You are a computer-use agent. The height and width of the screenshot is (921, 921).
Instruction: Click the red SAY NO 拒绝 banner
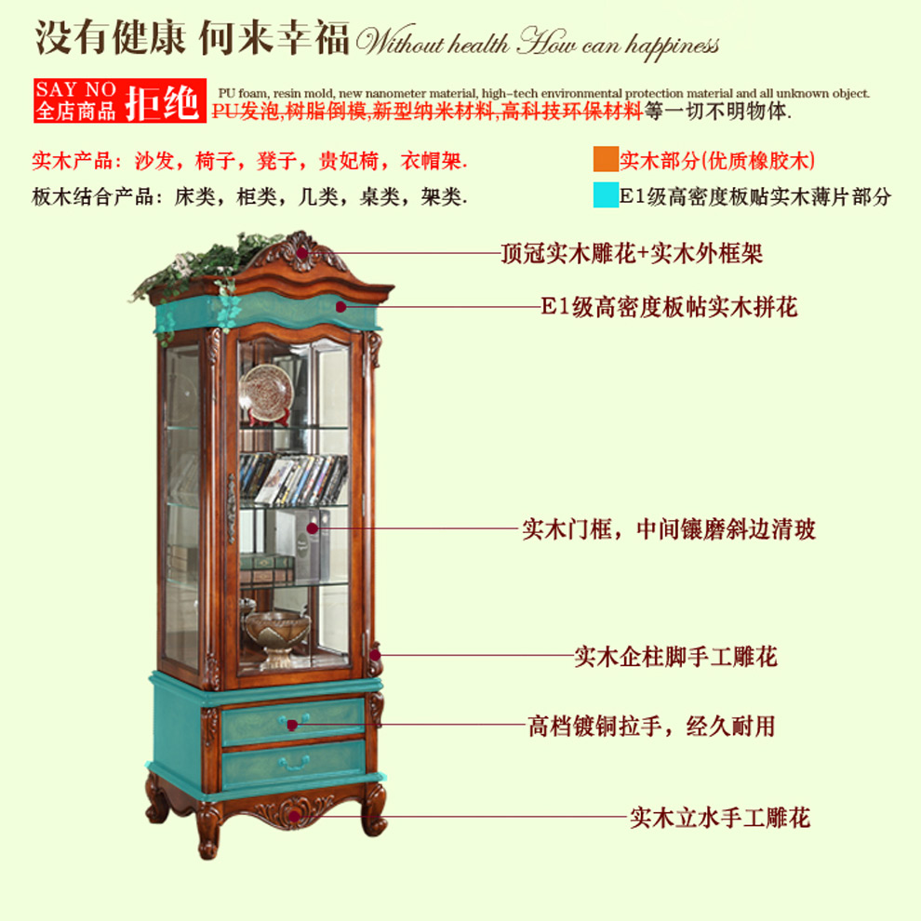coord(120,100)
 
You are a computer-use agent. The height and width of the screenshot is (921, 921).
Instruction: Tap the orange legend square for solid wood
coord(606,159)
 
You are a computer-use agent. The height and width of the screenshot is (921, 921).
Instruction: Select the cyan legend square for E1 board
coord(606,195)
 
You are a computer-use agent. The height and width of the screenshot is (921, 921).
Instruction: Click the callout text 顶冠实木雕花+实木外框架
coord(632,254)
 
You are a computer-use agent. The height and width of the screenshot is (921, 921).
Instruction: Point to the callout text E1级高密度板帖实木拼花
coord(669,307)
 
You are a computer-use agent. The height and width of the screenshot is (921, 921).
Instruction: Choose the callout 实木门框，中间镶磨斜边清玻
coord(669,529)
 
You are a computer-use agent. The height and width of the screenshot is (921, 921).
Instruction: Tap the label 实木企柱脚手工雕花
coord(676,657)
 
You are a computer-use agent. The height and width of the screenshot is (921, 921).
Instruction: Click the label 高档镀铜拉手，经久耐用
coord(651,727)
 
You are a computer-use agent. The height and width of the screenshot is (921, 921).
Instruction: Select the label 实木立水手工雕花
coord(720,818)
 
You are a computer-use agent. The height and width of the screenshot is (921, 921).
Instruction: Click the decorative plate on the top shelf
coord(267,393)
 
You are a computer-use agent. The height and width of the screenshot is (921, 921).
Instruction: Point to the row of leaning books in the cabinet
coord(293,479)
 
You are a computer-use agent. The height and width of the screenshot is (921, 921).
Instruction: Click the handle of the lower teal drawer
coord(294,764)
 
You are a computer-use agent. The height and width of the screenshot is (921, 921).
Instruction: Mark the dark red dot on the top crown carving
coord(302,253)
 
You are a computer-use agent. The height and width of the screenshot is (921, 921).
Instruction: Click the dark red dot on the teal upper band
coord(340,307)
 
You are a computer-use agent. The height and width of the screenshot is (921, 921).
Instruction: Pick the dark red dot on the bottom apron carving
coord(294,817)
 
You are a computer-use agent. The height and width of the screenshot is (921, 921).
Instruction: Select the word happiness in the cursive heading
coord(672,46)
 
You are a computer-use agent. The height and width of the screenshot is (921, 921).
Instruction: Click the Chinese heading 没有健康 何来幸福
coord(192,38)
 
